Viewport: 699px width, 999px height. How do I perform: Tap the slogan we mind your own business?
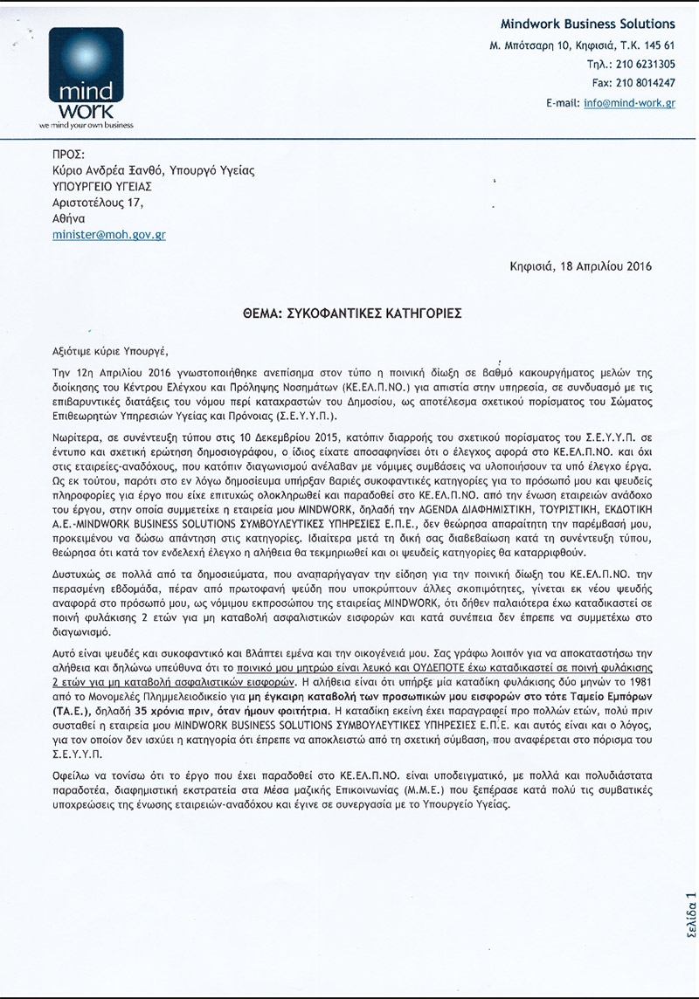coord(86,126)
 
